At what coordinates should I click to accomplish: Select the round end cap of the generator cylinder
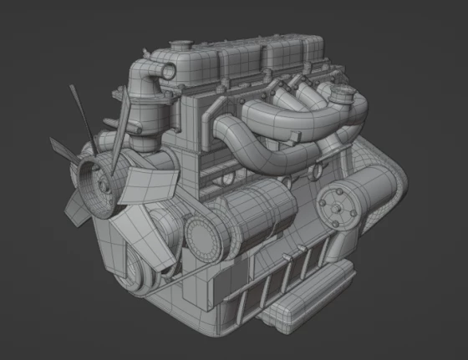click(x=201, y=237)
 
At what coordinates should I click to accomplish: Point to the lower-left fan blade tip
click(x=76, y=215)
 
